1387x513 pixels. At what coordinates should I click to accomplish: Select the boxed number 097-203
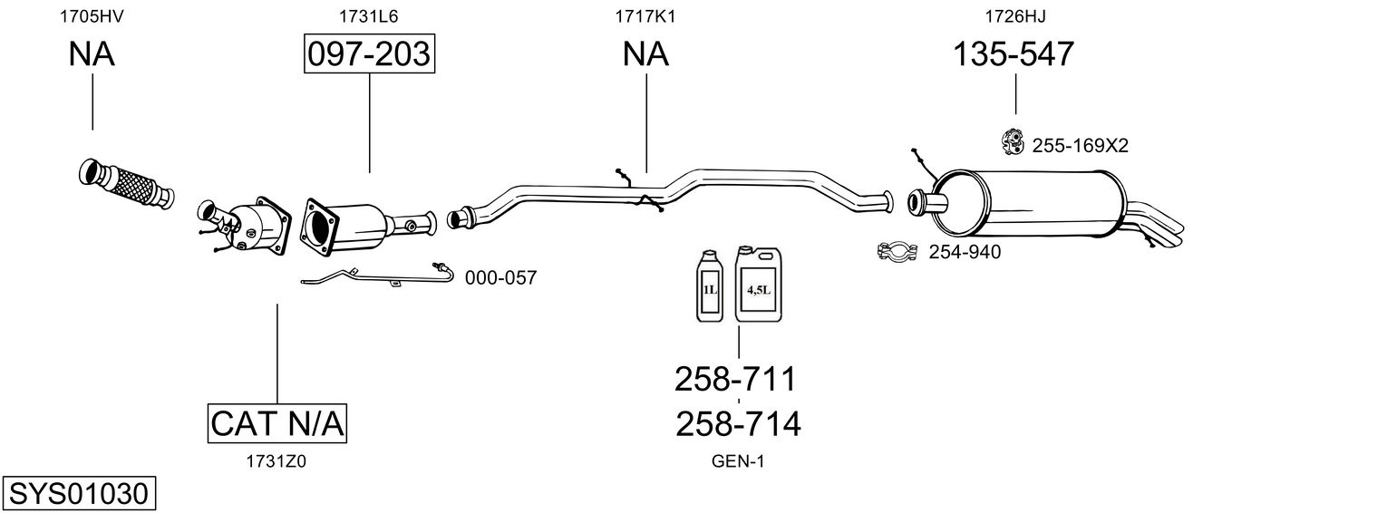[369, 54]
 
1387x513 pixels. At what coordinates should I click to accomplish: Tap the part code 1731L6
[369, 15]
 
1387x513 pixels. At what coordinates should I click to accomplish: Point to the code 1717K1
[645, 15]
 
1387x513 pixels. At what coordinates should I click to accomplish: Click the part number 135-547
[1013, 54]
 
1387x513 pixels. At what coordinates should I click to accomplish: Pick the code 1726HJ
[1015, 15]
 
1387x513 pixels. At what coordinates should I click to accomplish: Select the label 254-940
[965, 252]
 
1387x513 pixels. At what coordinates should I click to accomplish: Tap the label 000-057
[500, 278]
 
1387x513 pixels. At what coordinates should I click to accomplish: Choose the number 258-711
[735, 379]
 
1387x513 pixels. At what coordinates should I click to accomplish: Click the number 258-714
[738, 423]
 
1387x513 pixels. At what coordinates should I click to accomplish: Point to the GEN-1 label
[738, 461]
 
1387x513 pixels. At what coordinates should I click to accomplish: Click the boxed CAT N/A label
[277, 423]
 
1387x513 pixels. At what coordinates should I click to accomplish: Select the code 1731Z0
[276, 461]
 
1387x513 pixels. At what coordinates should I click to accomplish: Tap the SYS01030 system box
[78, 494]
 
